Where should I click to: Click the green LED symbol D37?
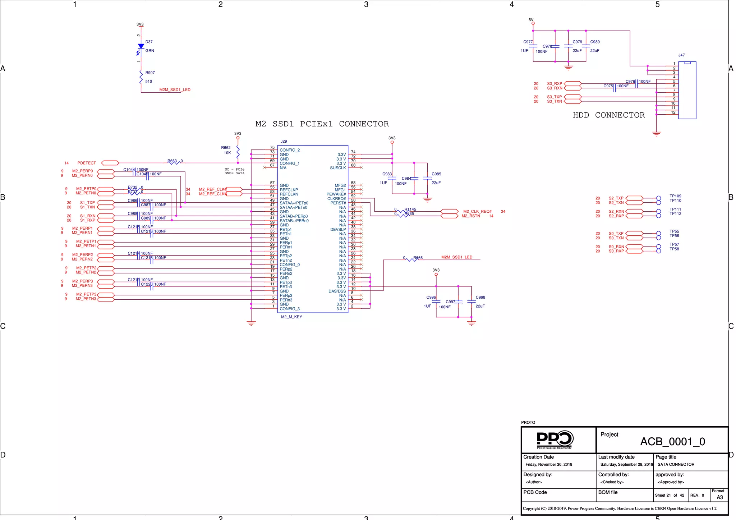point(141,47)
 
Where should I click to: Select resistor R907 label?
point(150,73)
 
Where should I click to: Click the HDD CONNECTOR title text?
point(608,115)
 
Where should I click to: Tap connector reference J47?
point(681,55)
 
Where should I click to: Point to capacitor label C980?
point(595,42)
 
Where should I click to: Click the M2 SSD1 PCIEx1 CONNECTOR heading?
point(322,124)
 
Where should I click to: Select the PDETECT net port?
point(110,163)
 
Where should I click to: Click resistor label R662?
point(226,148)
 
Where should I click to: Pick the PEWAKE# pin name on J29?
point(336,194)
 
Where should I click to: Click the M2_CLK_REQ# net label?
point(477,211)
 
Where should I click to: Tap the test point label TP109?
point(675,196)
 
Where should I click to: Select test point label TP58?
point(674,249)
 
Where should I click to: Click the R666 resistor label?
point(418,258)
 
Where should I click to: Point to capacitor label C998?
point(480,297)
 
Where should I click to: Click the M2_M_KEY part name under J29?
point(291,317)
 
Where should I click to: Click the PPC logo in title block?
point(555,440)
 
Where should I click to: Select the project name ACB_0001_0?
point(672,441)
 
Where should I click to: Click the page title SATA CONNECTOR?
point(676,464)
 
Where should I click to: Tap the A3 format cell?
point(719,497)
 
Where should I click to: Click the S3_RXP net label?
point(555,83)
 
